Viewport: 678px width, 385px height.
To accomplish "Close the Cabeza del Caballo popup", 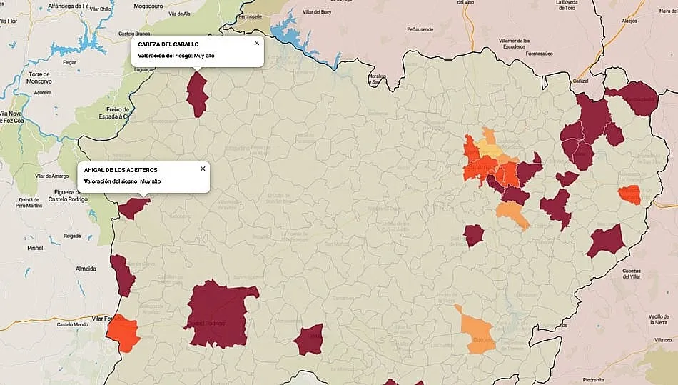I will pyautogui.click(x=256, y=43).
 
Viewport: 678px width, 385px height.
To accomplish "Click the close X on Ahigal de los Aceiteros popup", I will pyautogui.click(x=203, y=169).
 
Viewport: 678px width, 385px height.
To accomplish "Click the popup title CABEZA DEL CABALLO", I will pyautogui.click(x=168, y=44).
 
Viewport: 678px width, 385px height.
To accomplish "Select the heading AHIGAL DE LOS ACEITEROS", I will pyautogui.click(x=121, y=170).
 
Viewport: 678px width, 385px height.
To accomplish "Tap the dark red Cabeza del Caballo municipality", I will pyautogui.click(x=196, y=93).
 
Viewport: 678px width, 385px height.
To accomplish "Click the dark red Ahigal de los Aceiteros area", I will pyautogui.click(x=133, y=207).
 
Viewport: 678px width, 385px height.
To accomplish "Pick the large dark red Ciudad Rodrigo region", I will pyautogui.click(x=218, y=313).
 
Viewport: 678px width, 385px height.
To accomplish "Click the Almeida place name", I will pyautogui.click(x=86, y=269).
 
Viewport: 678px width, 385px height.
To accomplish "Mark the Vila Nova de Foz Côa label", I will pyautogui.click(x=16, y=117).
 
